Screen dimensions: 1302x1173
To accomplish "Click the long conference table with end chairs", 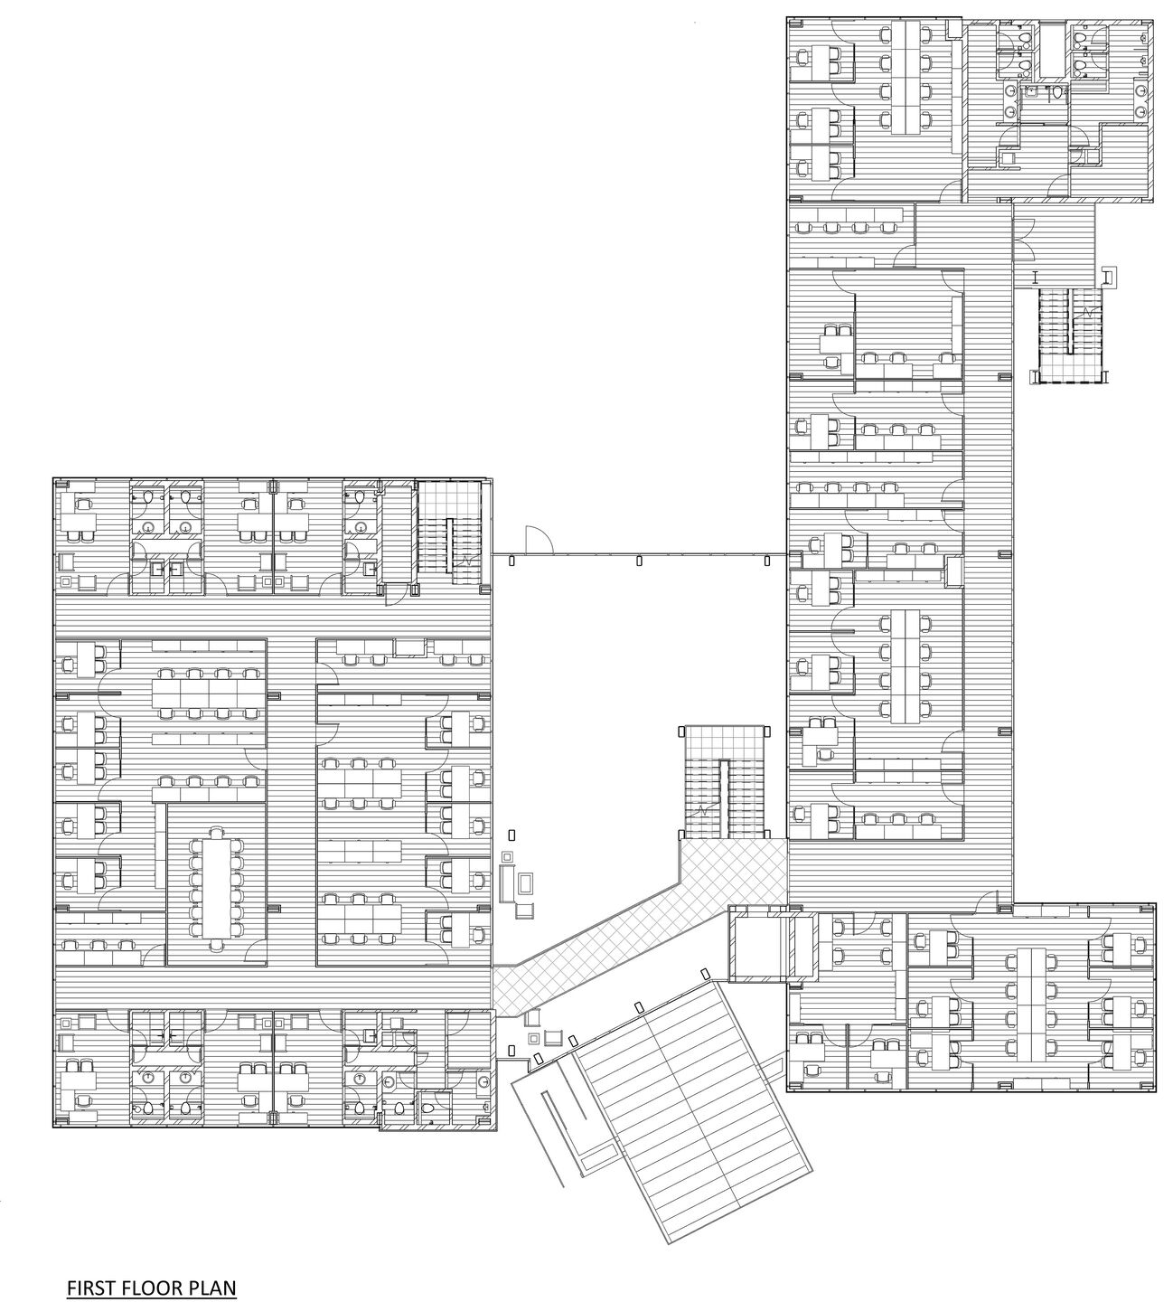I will click(218, 887).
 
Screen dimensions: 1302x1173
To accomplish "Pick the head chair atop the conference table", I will click(218, 831).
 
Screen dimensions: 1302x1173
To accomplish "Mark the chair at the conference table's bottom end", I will click(218, 945).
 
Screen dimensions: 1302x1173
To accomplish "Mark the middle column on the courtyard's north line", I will click(640, 561).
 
